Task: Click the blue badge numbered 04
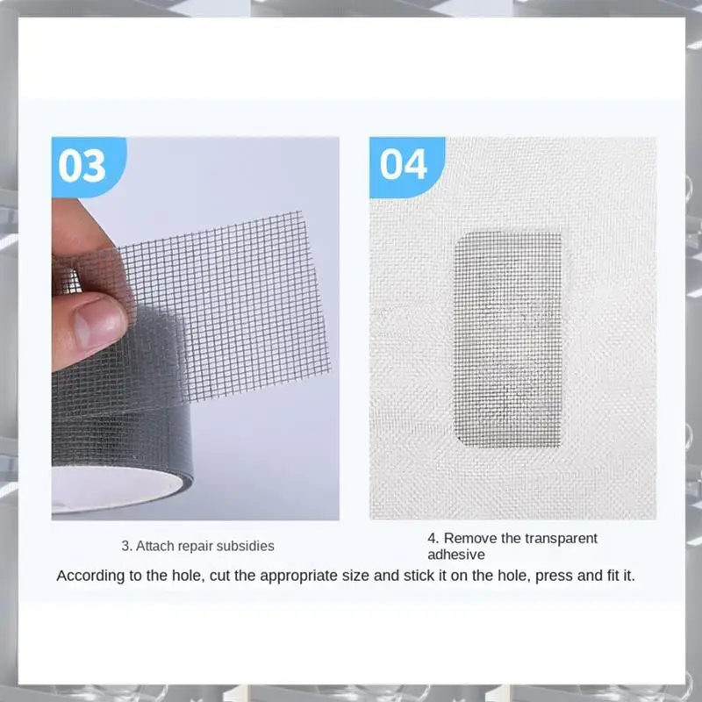point(403,164)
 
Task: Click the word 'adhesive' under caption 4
point(455,555)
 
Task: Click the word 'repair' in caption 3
point(195,546)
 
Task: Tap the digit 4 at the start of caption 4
point(432,538)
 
